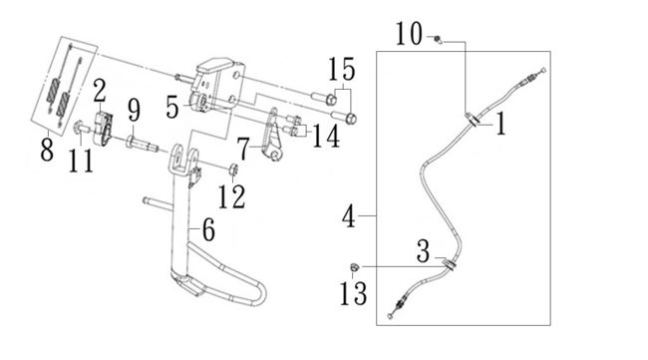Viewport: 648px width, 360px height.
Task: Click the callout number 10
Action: tap(409, 34)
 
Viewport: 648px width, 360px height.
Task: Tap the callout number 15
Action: tap(342, 69)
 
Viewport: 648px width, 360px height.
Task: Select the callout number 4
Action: tap(349, 216)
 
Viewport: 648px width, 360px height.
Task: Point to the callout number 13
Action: tap(353, 294)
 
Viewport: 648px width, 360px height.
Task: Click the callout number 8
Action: tap(47, 150)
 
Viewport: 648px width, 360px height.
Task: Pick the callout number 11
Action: tap(81, 161)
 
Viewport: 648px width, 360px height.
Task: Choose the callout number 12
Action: tap(231, 196)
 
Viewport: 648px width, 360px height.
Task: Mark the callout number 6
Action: tap(208, 229)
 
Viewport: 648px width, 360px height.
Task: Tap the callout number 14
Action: tap(326, 137)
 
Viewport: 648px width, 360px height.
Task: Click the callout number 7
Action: tap(243, 150)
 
